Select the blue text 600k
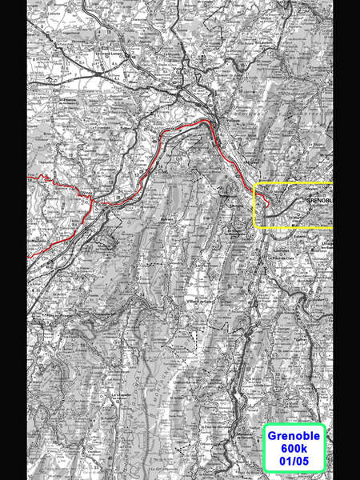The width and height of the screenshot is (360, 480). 294,449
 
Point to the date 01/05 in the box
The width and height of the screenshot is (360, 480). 294,462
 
